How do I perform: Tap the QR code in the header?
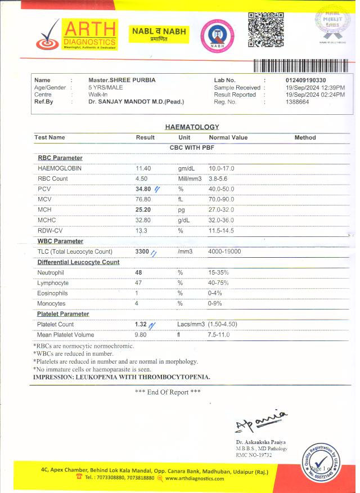[x=266, y=29]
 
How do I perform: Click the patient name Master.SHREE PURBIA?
[x=122, y=80]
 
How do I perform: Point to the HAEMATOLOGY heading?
[x=192, y=127]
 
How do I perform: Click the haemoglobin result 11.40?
[x=143, y=168]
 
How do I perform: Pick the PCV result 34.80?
[x=143, y=189]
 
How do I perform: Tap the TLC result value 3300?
[x=142, y=252]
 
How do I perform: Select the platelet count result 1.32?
[x=141, y=325]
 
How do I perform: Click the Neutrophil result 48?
[x=138, y=272]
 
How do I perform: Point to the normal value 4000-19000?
[x=224, y=252]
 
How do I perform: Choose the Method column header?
[x=305, y=137]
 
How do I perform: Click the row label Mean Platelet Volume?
[x=66, y=335]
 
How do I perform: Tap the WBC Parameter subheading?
[x=60, y=241]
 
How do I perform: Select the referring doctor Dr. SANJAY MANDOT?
[x=136, y=102]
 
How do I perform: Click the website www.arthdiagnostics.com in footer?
[x=195, y=479]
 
